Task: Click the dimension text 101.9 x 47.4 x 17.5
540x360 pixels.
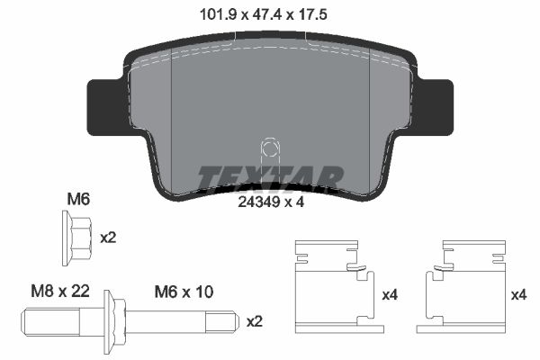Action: (x=269, y=13)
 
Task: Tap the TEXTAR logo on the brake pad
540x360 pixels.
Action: (x=269, y=178)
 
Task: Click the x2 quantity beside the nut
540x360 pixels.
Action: (x=108, y=238)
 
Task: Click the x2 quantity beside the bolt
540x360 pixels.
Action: (x=255, y=320)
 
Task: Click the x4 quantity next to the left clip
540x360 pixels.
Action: (x=391, y=294)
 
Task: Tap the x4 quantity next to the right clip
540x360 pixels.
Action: (x=518, y=294)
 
